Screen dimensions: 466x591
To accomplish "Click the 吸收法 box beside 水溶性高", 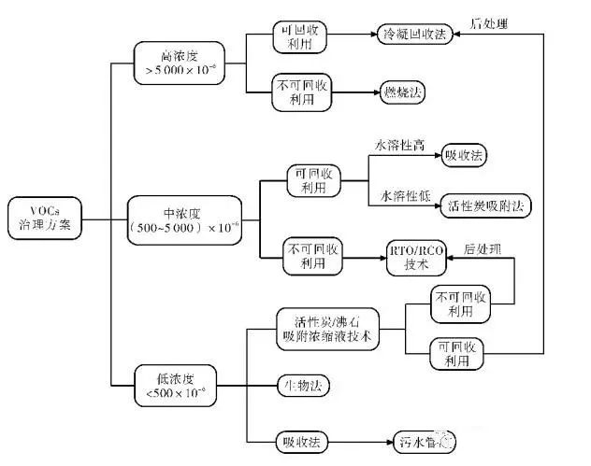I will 466,155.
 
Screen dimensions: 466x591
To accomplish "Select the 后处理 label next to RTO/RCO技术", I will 483,249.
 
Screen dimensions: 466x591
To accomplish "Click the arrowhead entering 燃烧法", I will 373,92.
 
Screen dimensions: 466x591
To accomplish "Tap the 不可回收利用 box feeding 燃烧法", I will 301,92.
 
